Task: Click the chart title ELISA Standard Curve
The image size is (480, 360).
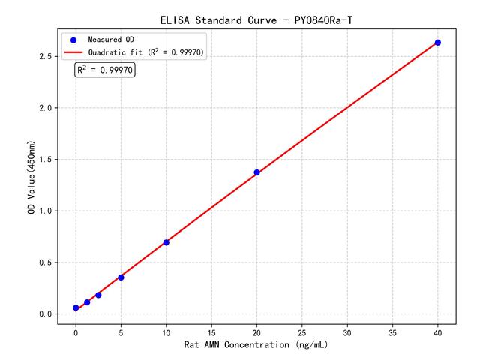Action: click(256, 19)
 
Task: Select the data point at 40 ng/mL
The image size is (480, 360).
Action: click(438, 43)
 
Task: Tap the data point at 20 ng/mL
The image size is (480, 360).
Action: click(256, 172)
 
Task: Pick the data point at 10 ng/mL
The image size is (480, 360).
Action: click(166, 242)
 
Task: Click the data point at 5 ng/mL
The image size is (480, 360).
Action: click(121, 277)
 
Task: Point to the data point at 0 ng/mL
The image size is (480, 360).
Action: click(76, 307)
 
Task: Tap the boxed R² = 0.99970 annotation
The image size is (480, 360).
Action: click(105, 70)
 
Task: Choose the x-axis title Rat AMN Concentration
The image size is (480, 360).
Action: click(256, 345)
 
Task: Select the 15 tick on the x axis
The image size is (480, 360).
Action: click(211, 331)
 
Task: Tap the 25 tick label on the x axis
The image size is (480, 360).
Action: click(301, 331)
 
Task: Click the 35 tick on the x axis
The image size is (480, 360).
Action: click(392, 331)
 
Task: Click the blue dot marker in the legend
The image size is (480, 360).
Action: click(73, 39)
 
